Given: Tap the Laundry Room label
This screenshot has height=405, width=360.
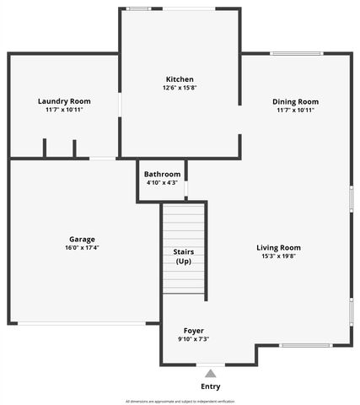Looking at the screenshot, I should tap(64, 101).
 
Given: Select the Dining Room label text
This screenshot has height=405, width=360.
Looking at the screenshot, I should tap(295, 101).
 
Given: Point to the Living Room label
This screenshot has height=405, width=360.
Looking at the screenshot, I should tap(278, 247).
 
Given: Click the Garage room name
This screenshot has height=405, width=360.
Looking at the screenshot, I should tap(82, 239).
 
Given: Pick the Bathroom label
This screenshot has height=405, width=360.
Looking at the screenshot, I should tap(161, 174).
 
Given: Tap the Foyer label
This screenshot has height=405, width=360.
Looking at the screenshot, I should tap(193, 330).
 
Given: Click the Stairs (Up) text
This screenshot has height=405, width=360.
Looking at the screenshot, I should tap(184, 256).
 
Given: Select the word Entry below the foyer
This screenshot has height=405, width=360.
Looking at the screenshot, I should tap(210, 386).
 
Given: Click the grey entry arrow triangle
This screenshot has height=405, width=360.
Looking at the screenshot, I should tap(210, 373).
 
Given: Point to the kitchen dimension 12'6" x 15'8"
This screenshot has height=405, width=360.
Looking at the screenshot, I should tap(180, 88).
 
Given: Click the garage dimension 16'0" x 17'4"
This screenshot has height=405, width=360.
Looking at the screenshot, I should tap(82, 247).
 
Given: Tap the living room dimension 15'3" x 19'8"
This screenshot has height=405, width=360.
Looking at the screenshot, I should tap(278, 256).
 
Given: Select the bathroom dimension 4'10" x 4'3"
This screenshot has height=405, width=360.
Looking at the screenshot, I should tap(161, 182).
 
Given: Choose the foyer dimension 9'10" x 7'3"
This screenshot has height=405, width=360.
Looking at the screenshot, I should tap(193, 338).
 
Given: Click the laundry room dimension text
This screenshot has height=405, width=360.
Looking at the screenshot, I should tap(64, 110).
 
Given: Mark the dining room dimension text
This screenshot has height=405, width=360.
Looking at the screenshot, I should tap(295, 110).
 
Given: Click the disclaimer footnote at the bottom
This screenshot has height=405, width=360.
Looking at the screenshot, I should tap(180, 401).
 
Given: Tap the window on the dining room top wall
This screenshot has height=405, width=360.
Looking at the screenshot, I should tap(296, 55).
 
